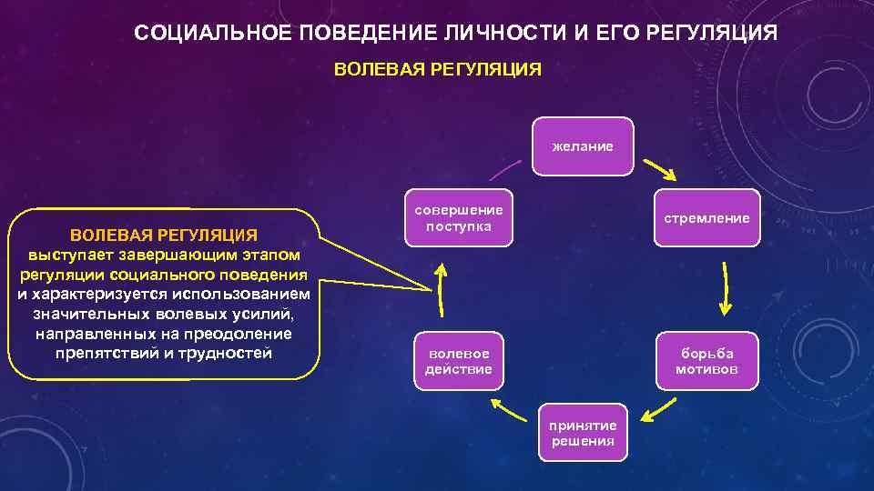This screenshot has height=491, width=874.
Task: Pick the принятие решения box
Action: pyautogui.click(x=583, y=433)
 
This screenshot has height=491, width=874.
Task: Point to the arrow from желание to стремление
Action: pyautogui.click(x=660, y=170)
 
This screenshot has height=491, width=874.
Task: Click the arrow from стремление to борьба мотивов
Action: pyautogui.click(x=727, y=289)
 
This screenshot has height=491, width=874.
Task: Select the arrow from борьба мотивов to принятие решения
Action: pyautogui.click(x=661, y=407)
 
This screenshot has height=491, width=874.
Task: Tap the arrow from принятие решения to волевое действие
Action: pyautogui.click(x=510, y=408)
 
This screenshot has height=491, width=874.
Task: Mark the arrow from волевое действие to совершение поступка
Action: pyautogui.click(x=440, y=290)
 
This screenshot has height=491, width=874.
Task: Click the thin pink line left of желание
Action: pyautogui.click(x=504, y=170)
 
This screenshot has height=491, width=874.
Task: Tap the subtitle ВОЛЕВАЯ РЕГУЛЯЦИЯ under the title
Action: pyautogui.click(x=438, y=69)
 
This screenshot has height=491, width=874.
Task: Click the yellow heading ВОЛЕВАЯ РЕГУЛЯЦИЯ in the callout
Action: pyautogui.click(x=164, y=235)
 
